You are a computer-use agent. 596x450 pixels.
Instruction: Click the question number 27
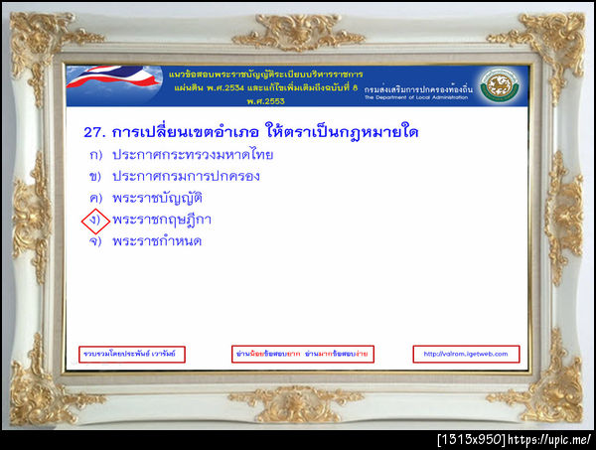(x=94, y=130)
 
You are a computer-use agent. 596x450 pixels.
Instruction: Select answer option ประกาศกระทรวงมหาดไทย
(x=193, y=154)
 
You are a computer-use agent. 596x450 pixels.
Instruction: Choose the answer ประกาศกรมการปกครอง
(x=186, y=176)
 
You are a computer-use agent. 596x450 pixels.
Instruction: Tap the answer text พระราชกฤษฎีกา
(x=163, y=219)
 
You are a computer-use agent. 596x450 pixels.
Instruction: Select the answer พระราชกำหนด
(x=159, y=240)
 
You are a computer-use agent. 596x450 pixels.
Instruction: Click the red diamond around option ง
(x=95, y=220)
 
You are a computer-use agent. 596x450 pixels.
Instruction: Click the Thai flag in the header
(x=108, y=84)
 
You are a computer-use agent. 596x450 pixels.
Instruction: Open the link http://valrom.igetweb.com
(x=465, y=354)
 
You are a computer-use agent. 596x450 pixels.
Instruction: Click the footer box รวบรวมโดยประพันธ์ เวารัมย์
(x=132, y=354)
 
